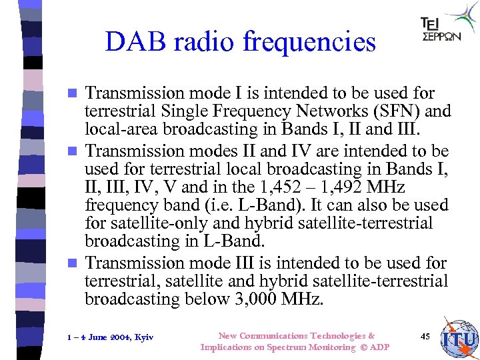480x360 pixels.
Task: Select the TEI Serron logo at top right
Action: (449, 27)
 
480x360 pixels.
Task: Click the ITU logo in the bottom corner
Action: (459, 338)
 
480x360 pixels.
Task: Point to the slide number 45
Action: (425, 336)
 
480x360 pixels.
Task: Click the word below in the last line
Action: (202, 299)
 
